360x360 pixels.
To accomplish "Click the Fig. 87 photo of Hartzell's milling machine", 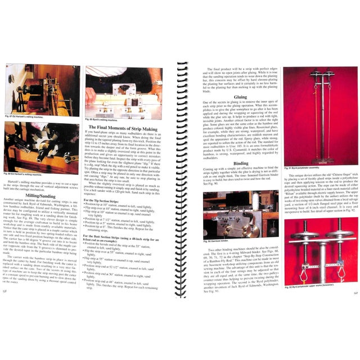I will (42, 90).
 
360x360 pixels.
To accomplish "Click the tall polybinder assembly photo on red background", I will (313, 116).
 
